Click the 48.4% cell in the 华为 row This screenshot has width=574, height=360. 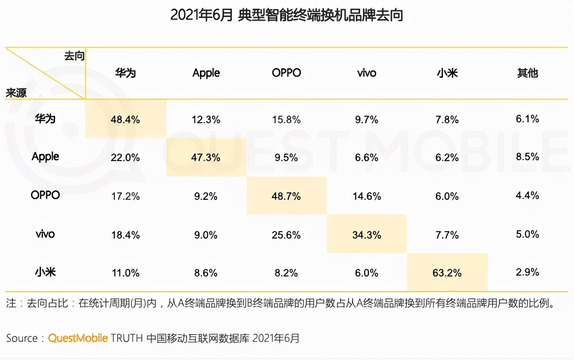pyautogui.click(x=125, y=119)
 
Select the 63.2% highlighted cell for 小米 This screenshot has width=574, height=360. pyautogui.click(x=447, y=273)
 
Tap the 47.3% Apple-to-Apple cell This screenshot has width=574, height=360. pyautogui.click(x=206, y=158)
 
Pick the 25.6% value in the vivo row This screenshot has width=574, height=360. pyautogui.click(x=286, y=235)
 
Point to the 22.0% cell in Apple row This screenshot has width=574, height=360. pyautogui.click(x=125, y=158)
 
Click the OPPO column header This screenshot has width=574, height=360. pyautogui.click(x=286, y=72)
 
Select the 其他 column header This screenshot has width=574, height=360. pyautogui.click(x=527, y=72)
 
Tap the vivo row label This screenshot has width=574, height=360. pyautogui.click(x=45, y=234)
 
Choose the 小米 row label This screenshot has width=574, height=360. pyautogui.click(x=45, y=272)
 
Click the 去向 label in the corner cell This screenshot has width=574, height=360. pyautogui.click(x=74, y=56)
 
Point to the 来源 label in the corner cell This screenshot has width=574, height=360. pyautogui.click(x=16, y=93)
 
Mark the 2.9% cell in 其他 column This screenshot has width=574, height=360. pyautogui.click(x=527, y=272)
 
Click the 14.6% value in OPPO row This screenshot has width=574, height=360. pyautogui.click(x=367, y=196)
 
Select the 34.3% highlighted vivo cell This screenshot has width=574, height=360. pyautogui.click(x=367, y=235)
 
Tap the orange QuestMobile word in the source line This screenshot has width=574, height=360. pyautogui.click(x=78, y=338)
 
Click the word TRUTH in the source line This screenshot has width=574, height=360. pyautogui.click(x=127, y=338)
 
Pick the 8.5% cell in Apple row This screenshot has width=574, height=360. pyautogui.click(x=527, y=157)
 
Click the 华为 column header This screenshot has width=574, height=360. pyautogui.click(x=125, y=72)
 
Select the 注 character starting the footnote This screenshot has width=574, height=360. pyautogui.click(x=11, y=303)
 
